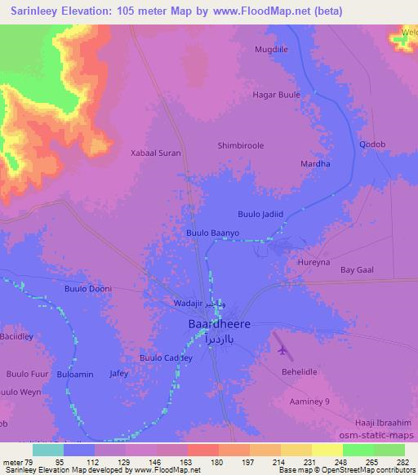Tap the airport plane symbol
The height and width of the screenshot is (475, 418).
point(283,350)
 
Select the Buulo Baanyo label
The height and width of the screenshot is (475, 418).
point(213,233)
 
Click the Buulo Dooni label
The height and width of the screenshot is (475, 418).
point(87,289)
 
